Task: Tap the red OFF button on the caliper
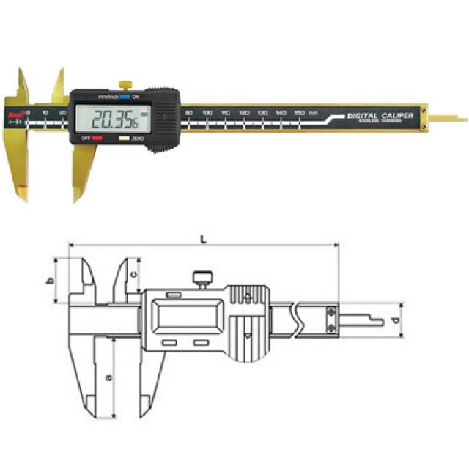(x=97, y=137)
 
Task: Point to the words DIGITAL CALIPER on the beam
(x=380, y=116)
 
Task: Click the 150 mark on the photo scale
(x=299, y=113)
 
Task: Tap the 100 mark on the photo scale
(x=207, y=113)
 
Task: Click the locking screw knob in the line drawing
(x=202, y=278)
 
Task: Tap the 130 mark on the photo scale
(x=262, y=113)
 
